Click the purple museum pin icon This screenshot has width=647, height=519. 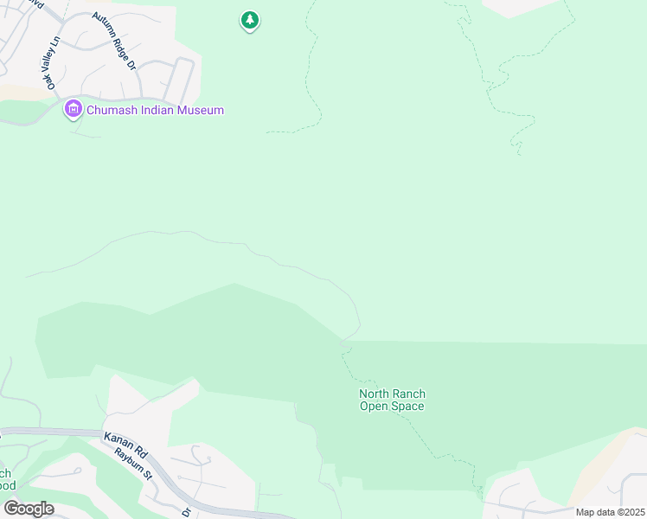tap(74, 110)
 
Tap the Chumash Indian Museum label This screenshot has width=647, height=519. tap(155, 110)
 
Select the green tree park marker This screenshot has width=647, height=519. tap(250, 19)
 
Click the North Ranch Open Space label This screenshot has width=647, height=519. tap(392, 400)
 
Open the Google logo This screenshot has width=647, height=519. tap(28, 509)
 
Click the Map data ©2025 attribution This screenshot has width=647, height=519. tap(609, 512)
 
